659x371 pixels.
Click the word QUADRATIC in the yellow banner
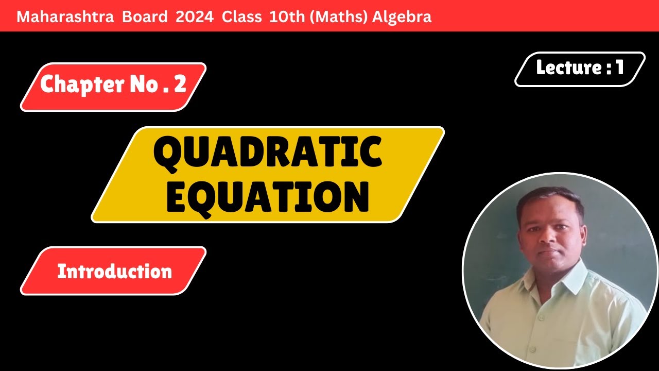(x=268, y=154)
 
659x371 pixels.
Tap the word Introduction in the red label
(x=114, y=272)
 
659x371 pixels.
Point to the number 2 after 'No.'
(x=180, y=85)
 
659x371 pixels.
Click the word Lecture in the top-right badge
(x=567, y=68)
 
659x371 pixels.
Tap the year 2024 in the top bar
(x=194, y=17)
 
